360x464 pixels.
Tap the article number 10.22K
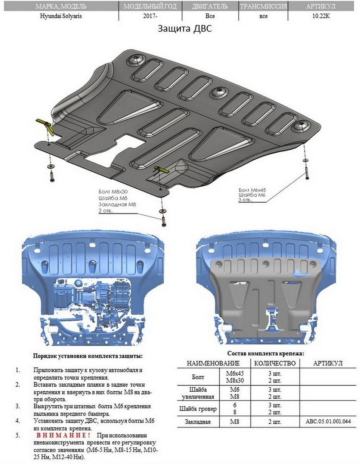point(321,16)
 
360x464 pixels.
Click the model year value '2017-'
point(150,16)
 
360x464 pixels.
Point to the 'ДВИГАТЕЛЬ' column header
point(210,7)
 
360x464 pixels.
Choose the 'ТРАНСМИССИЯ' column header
point(263,7)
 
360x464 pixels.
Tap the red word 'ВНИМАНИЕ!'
point(64,435)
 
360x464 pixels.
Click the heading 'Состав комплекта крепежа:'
point(265,353)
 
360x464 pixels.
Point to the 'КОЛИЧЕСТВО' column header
point(275,363)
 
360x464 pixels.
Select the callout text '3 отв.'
point(246,200)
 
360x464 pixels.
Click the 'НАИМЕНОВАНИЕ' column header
point(213,363)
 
